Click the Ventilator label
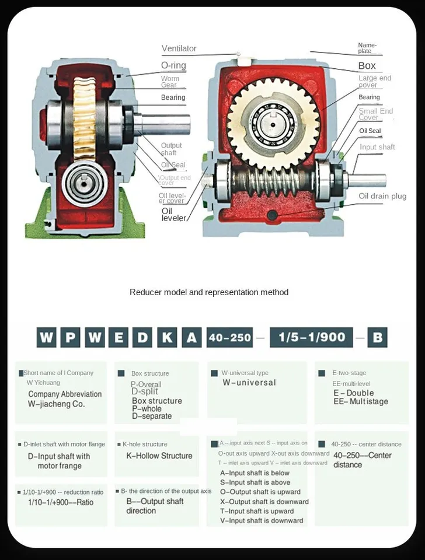point(179,48)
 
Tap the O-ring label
point(173,65)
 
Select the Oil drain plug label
point(382,196)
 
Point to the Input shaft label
point(377,147)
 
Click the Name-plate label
point(367,48)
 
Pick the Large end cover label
point(375,81)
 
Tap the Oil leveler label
point(173,214)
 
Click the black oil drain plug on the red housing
point(272,216)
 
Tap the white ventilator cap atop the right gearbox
point(244,58)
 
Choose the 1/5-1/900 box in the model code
point(311,337)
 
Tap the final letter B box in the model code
point(377,337)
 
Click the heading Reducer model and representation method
point(209,292)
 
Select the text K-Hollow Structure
point(159,456)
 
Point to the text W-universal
point(249,383)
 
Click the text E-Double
point(354,393)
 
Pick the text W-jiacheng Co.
point(56,404)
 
